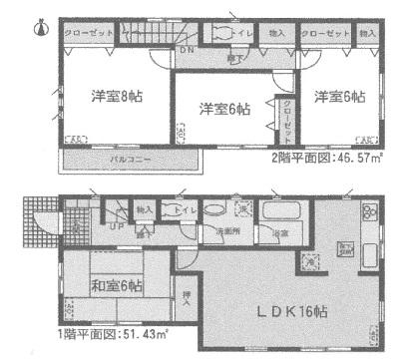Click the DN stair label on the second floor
point(185,51)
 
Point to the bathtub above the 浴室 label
point(279,210)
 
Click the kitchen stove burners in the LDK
point(368,211)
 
